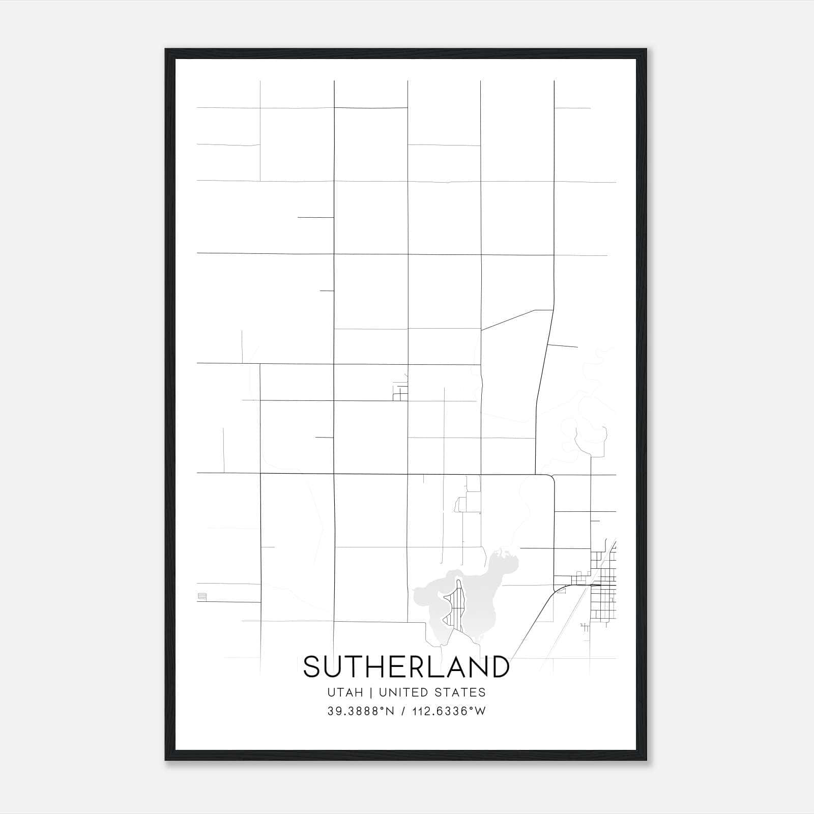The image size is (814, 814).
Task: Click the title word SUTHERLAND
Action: pyautogui.click(x=406, y=667)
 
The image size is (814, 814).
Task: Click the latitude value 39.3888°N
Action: pyautogui.click(x=361, y=711)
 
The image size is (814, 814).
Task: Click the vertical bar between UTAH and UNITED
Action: pyautogui.click(x=371, y=692)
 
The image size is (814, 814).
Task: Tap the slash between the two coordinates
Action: pyautogui.click(x=403, y=711)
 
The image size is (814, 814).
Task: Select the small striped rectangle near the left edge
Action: pyautogui.click(x=202, y=597)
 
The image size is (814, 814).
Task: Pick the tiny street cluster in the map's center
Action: pyautogui.click(x=400, y=393)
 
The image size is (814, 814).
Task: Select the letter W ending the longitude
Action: pyautogui.click(x=481, y=711)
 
